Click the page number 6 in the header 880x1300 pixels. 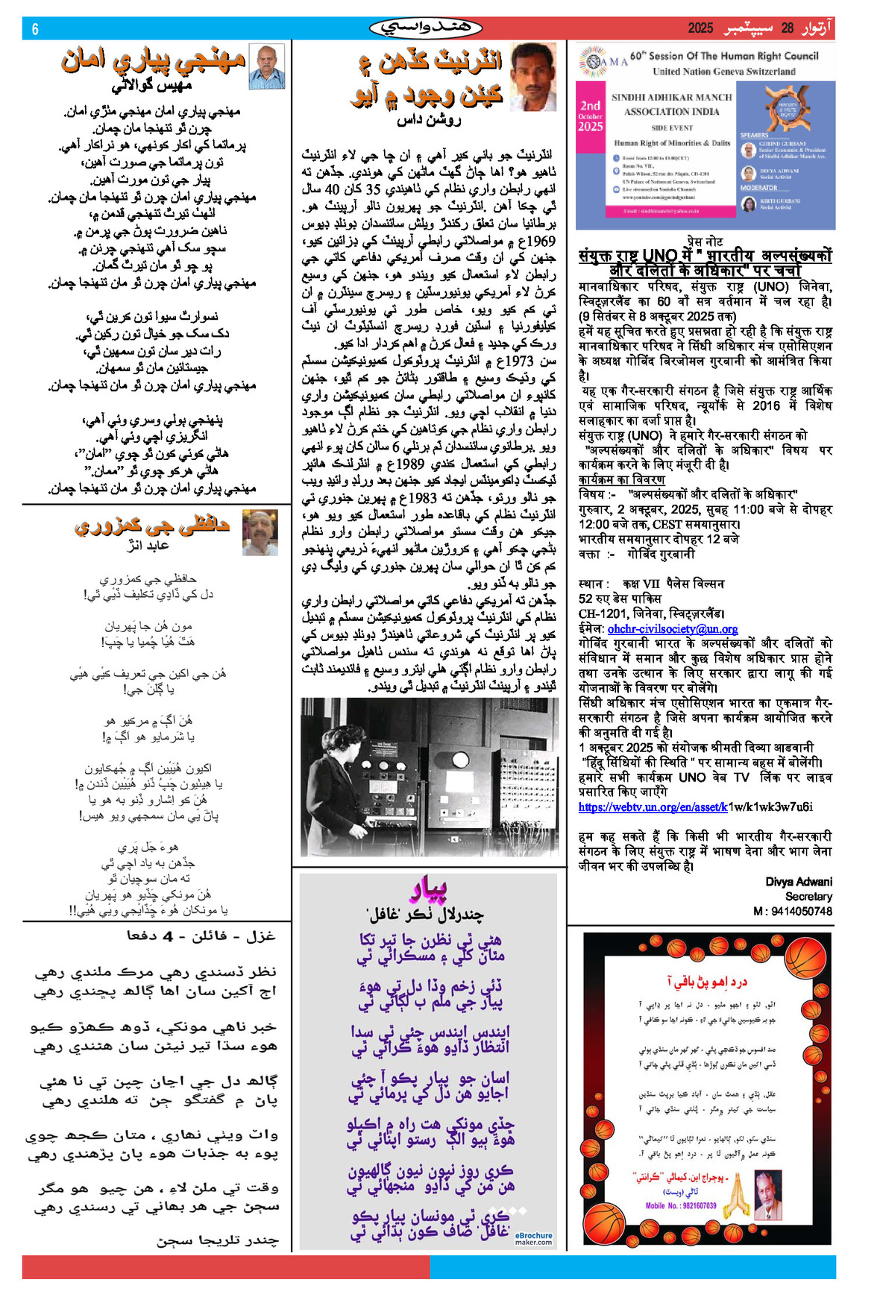(x=35, y=29)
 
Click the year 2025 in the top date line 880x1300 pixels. (x=700, y=28)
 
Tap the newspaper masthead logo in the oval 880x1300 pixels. (x=426, y=28)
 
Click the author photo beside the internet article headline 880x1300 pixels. (x=533, y=76)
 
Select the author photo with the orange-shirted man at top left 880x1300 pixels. (x=266, y=66)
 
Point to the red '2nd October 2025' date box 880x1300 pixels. (x=591, y=116)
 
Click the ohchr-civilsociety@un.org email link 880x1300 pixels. (x=673, y=628)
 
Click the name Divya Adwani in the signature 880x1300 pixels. (x=799, y=881)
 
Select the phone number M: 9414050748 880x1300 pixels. (x=793, y=911)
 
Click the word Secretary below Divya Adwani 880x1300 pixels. (x=808, y=896)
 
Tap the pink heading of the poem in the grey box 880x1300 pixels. (x=427, y=889)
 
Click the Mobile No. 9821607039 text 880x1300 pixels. (x=681, y=1205)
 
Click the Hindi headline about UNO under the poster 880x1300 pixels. (x=705, y=262)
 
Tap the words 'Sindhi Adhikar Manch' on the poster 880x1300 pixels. (x=671, y=98)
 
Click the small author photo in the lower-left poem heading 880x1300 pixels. (x=260, y=532)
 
